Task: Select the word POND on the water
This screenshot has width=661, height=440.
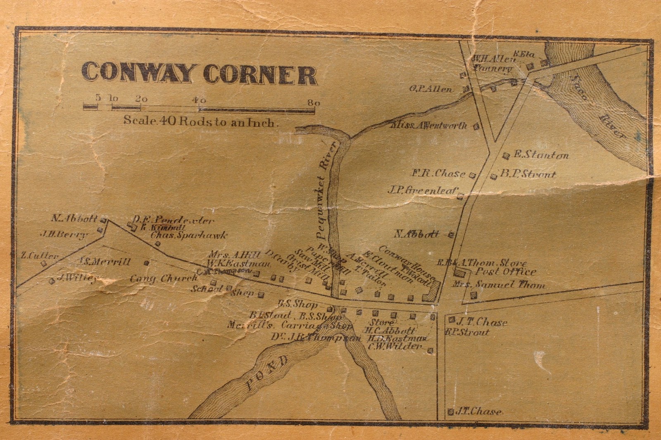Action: (x=267, y=374)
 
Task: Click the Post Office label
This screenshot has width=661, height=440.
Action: (x=506, y=272)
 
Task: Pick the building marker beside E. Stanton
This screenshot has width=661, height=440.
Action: (x=506, y=156)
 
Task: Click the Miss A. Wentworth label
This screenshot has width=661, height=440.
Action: (x=429, y=125)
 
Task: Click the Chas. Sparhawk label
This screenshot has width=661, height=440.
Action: (x=189, y=235)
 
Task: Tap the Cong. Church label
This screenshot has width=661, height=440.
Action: (x=164, y=279)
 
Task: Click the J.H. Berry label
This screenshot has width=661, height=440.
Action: (x=64, y=234)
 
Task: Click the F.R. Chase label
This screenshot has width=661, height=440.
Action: (x=438, y=174)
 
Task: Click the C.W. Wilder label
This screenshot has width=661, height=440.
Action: (x=396, y=346)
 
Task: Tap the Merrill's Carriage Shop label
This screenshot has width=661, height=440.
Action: (x=289, y=325)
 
